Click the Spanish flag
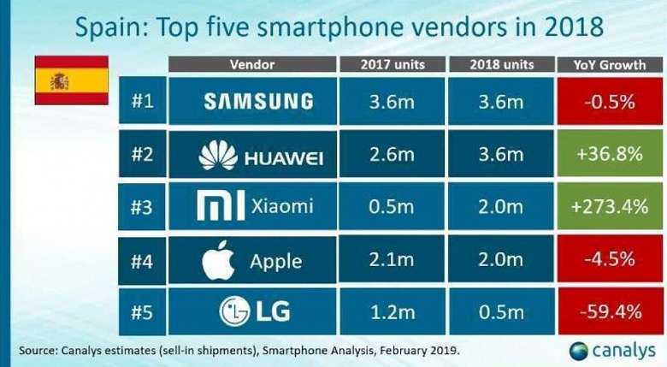pos(70,81)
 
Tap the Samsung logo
pos(257,102)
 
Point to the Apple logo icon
pos(218,261)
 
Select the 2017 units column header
pos(392,65)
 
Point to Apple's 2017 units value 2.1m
pos(392,261)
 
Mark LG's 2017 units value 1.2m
pos(392,312)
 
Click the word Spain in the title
pos(108,27)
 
